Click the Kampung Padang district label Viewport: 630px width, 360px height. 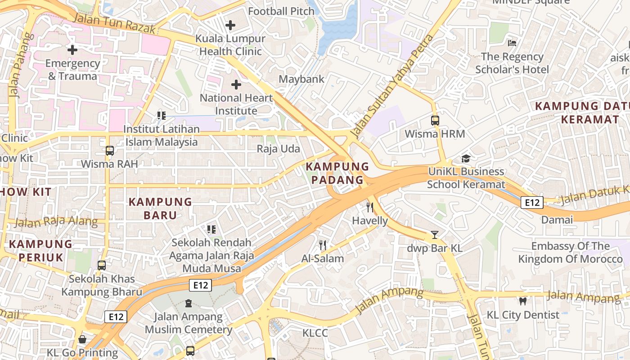[334, 173]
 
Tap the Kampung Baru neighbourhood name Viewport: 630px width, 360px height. [160, 208]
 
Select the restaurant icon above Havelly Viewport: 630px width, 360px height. [370, 207]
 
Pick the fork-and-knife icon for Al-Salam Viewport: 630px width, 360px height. [323, 245]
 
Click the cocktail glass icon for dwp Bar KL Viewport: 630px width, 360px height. [434, 235]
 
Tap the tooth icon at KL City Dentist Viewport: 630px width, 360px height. [522, 301]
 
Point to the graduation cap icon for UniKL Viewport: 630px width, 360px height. [466, 158]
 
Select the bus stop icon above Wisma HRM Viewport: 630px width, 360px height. [435, 121]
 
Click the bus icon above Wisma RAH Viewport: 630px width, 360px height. [110, 151]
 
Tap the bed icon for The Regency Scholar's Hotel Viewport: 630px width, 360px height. [512, 43]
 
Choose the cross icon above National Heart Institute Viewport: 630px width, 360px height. [236, 85]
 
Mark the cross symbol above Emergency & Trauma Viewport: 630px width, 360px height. [72, 50]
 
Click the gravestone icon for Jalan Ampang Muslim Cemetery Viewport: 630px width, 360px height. [188, 303]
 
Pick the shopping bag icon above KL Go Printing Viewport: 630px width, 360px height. [82, 339]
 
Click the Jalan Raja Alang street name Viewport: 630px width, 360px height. [56, 221]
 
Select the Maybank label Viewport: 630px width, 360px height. [301, 79]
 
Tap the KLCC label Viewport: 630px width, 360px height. [315, 333]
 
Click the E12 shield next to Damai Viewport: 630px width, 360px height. [532, 202]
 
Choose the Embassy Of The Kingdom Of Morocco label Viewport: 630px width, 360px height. [571, 252]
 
